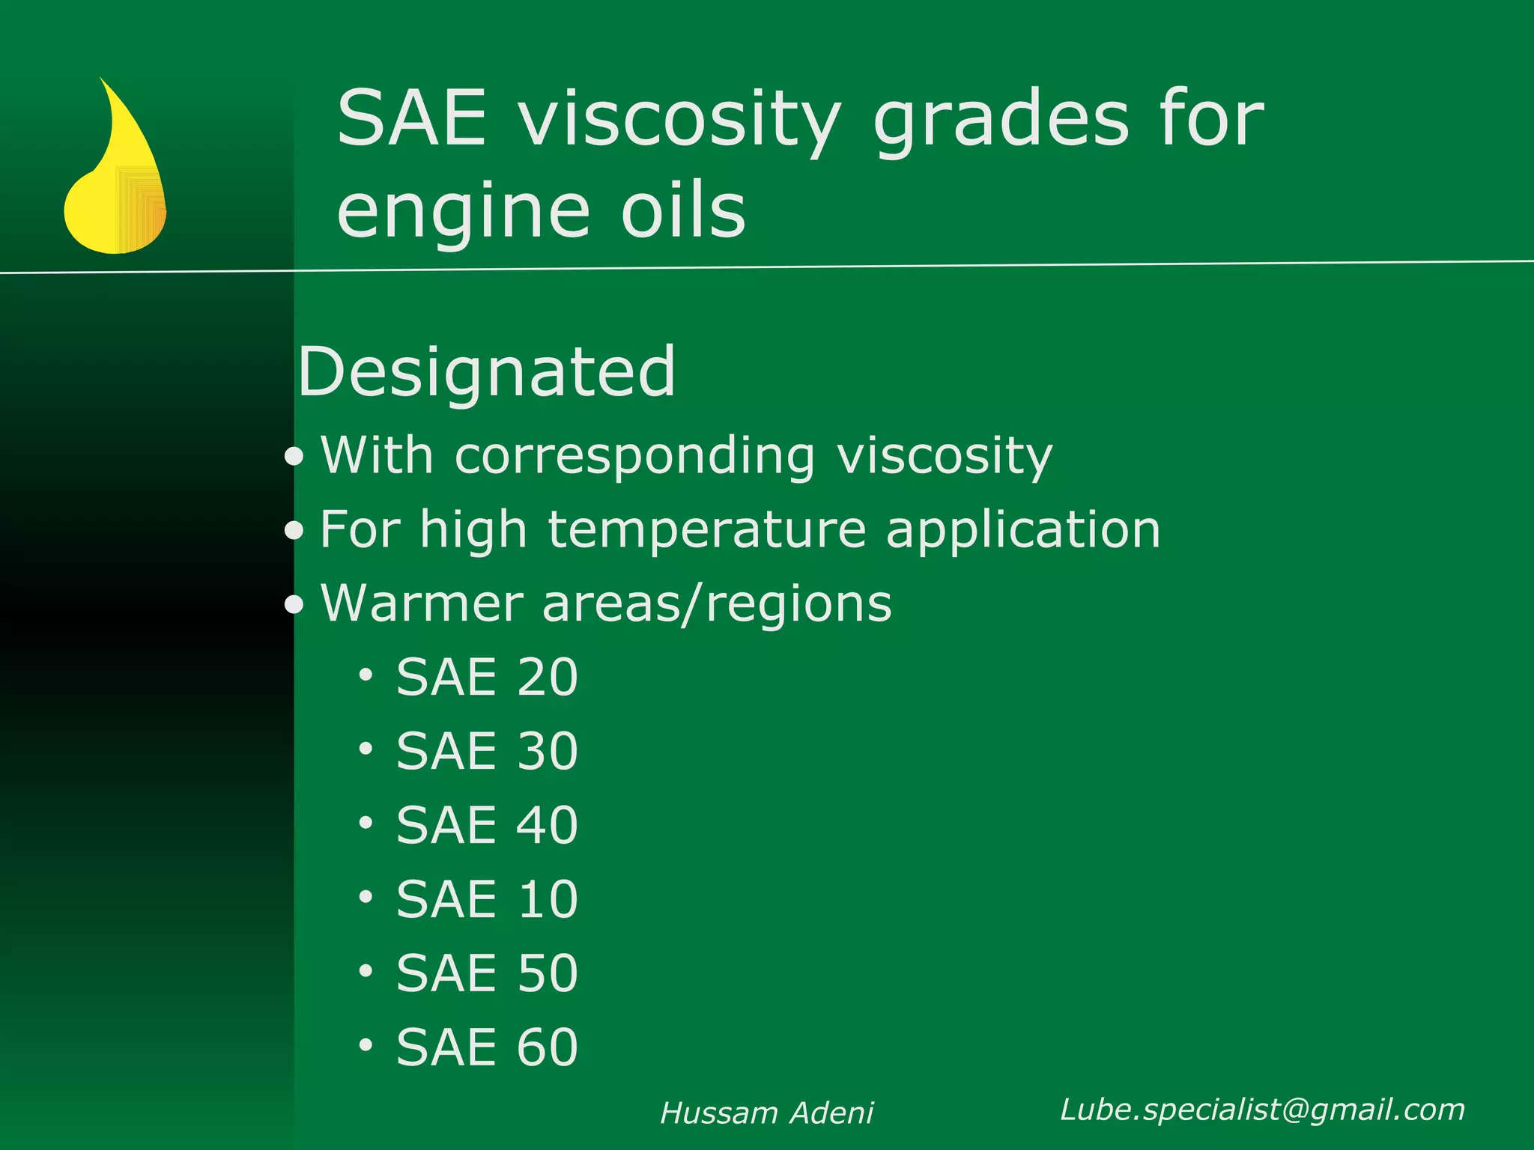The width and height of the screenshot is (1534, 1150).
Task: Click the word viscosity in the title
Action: click(680, 120)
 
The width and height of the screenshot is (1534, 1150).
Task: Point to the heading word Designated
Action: click(487, 371)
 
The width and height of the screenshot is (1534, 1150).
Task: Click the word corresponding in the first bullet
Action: click(634, 456)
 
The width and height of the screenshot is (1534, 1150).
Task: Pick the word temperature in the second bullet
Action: click(707, 530)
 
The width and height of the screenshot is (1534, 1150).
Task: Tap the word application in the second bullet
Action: click(1023, 530)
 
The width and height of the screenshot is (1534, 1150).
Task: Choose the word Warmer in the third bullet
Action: click(422, 603)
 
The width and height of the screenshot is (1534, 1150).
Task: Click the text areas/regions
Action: click(717, 603)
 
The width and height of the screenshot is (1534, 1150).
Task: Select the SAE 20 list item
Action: click(487, 678)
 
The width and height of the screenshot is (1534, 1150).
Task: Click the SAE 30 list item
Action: click(487, 751)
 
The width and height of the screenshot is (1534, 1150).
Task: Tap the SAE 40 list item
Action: click(487, 825)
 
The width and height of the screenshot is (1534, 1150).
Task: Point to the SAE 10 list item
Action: click(487, 899)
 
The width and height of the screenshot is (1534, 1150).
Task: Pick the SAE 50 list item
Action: click(487, 973)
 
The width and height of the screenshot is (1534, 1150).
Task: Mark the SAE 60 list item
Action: click(487, 1047)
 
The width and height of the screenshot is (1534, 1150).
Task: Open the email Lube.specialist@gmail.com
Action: click(1262, 1110)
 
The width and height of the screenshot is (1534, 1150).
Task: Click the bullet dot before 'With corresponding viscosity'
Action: click(294, 457)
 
